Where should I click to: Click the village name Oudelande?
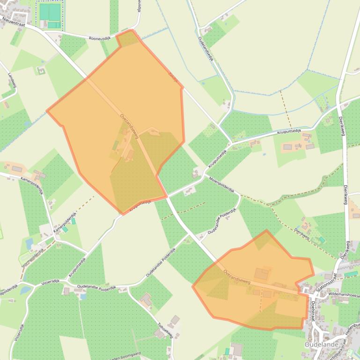(321, 345)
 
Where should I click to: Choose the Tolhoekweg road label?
(165, 330)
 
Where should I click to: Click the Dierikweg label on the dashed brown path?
(302, 233)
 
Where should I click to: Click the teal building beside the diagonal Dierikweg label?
(322, 239)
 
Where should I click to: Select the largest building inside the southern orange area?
(262, 274)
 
